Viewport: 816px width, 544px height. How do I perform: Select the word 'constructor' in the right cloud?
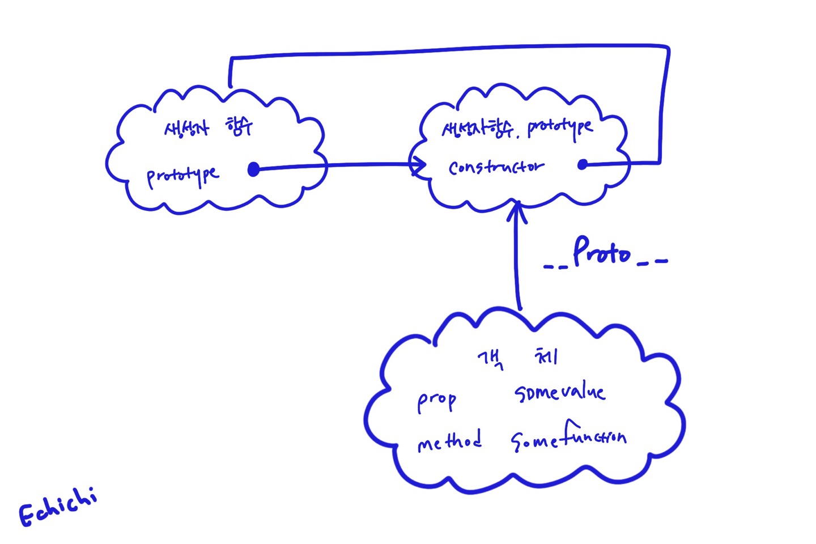click(496, 167)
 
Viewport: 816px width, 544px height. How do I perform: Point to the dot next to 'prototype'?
click(254, 169)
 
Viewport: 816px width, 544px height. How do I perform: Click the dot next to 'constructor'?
click(583, 164)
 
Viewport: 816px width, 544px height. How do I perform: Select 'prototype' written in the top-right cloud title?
click(560, 128)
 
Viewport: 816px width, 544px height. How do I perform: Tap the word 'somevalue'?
click(560, 392)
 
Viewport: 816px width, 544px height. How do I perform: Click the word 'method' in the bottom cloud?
click(449, 441)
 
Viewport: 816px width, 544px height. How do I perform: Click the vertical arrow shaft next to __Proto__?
click(516, 261)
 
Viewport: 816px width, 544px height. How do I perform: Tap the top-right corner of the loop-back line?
click(669, 48)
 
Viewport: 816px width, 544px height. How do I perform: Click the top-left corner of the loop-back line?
click(231, 58)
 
